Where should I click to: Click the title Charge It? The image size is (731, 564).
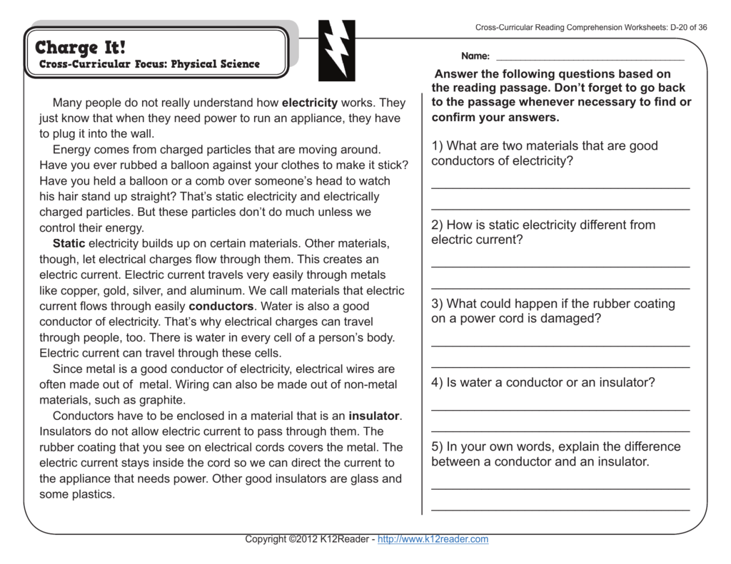click(80, 48)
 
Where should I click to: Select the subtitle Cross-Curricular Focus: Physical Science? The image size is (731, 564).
click(149, 64)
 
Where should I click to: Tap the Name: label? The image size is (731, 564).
click(475, 56)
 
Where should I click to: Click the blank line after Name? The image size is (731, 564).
click(590, 57)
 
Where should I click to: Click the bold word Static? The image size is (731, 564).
click(69, 244)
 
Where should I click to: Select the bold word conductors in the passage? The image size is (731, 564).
click(221, 307)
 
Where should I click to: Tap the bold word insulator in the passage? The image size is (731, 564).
click(375, 416)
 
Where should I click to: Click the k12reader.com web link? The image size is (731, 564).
click(433, 539)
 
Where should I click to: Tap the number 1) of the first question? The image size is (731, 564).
click(437, 146)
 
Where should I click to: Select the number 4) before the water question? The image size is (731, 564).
click(437, 383)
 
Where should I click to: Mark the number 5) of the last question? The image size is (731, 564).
click(437, 447)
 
